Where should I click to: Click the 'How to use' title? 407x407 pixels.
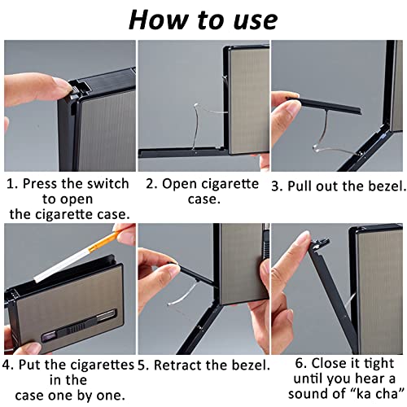pyautogui.click(x=203, y=20)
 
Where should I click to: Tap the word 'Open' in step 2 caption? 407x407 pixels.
pyautogui.click(x=180, y=185)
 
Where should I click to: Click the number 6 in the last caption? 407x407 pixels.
pyautogui.click(x=300, y=364)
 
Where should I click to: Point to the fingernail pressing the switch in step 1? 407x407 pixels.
pyautogui.click(x=64, y=85)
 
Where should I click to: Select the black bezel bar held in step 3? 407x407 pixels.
pyautogui.click(x=325, y=105)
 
